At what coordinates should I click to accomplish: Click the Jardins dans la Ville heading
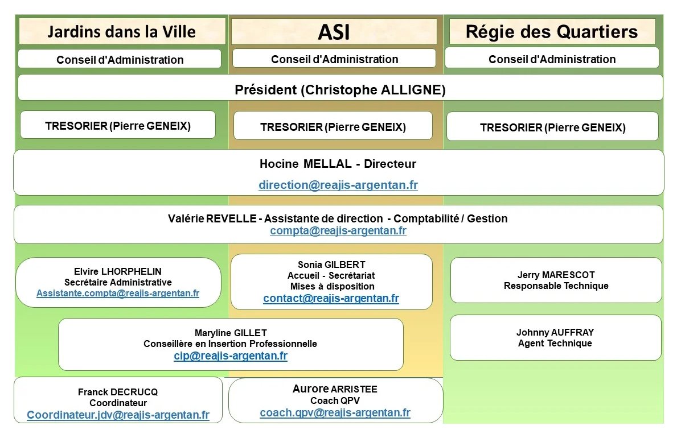tap(121, 32)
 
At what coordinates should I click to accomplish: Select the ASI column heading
tap(334, 32)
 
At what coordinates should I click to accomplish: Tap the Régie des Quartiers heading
tap(552, 32)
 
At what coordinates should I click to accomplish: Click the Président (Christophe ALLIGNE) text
tap(340, 90)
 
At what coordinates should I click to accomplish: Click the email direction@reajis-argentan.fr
tap(338, 185)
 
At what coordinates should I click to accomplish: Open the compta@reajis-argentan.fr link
tap(338, 230)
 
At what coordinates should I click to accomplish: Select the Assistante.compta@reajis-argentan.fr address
tap(118, 294)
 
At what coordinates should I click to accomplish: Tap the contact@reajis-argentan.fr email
tap(331, 298)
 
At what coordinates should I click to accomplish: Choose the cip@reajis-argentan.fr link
tap(231, 356)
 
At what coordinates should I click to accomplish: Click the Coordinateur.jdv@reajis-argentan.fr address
tap(118, 415)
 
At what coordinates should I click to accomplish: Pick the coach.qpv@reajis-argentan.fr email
tap(335, 413)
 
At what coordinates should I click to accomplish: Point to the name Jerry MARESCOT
tap(556, 275)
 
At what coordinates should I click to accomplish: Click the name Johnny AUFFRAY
tap(555, 332)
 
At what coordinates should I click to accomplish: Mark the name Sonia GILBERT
tap(331, 265)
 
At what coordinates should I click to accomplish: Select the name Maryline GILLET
tap(231, 333)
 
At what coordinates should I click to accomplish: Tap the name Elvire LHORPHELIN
tap(118, 271)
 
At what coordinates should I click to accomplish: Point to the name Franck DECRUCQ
tap(118, 392)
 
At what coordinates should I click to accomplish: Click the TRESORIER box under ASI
tap(333, 127)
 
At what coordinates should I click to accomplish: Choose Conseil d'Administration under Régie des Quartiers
tap(552, 59)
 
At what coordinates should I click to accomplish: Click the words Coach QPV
tap(335, 400)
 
